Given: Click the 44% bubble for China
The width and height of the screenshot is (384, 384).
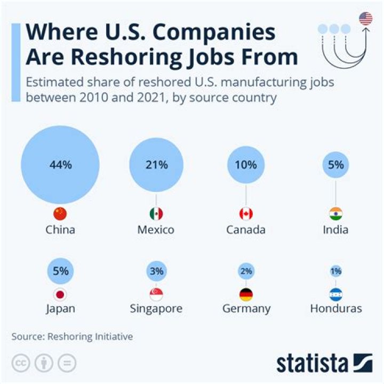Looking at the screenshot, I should click(60, 165).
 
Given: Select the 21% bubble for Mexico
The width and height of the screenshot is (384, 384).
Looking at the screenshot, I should click(156, 165).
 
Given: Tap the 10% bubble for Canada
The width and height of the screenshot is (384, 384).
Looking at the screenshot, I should click(246, 165).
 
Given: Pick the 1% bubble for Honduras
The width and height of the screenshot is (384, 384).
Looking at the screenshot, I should click(336, 271).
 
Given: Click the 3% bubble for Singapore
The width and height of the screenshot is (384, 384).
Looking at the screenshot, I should click(156, 271).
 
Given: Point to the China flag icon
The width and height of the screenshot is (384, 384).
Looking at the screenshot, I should click(60, 214).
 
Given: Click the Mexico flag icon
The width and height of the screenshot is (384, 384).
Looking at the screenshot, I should click(156, 214).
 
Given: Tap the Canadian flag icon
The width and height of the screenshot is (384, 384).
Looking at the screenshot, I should click(246, 214).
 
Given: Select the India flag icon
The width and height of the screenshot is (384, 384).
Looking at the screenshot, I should click(336, 214).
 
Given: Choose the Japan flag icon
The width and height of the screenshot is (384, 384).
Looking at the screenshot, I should click(60, 294).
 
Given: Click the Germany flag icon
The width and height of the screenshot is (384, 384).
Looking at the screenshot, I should click(246, 294).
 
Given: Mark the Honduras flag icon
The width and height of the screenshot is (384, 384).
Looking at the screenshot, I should click(336, 294).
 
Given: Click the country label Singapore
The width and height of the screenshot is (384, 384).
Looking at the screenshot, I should click(156, 309).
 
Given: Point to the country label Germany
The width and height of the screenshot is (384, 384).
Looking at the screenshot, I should click(246, 309).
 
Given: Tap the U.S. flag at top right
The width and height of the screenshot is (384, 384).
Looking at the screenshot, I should click(366, 19).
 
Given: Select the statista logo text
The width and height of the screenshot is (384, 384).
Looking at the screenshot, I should click(312, 364).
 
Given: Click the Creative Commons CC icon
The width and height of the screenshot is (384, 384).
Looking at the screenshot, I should click(21, 363).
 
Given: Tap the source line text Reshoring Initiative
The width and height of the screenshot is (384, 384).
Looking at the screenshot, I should click(90, 337).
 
